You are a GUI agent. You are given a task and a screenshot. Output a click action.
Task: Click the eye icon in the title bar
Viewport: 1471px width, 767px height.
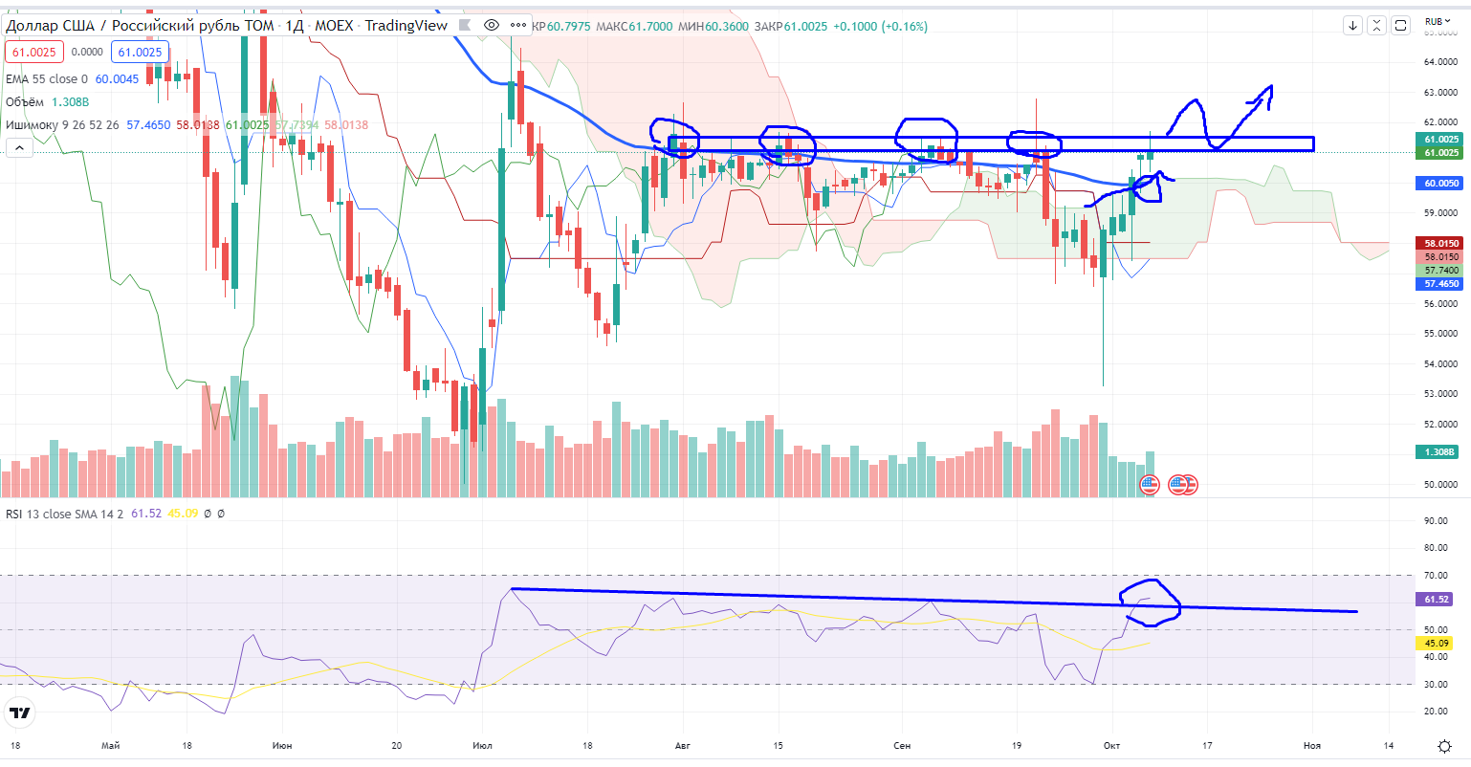tap(492, 25)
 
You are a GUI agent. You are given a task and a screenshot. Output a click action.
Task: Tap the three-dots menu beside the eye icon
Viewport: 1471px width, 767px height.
tap(517, 25)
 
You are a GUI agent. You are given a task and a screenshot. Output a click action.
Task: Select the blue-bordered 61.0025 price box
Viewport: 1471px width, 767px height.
tap(140, 53)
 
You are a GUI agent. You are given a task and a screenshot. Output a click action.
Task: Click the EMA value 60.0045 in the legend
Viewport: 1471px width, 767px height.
tap(117, 79)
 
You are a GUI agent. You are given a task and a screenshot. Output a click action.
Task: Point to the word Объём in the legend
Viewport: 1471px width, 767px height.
tap(25, 101)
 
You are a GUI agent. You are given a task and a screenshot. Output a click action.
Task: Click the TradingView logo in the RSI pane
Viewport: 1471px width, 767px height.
tap(19, 713)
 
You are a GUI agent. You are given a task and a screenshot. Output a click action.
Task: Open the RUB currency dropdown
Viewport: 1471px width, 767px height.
tap(1438, 21)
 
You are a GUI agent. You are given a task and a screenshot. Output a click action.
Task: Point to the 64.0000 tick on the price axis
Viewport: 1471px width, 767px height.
tap(1440, 62)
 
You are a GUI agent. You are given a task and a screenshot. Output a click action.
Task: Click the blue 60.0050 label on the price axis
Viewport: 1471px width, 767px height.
tap(1440, 184)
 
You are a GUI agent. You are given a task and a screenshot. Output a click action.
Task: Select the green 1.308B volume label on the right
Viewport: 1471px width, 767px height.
tap(1440, 451)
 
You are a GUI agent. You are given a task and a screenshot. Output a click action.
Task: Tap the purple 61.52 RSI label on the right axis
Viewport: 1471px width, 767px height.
tap(1437, 600)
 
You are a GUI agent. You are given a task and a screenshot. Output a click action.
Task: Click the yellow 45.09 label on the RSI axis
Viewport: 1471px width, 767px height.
tap(1437, 643)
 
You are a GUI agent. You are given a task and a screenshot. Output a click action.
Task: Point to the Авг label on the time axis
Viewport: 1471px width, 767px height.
tap(682, 745)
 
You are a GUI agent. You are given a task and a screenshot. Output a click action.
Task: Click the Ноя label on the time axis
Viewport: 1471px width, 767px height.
tap(1311, 745)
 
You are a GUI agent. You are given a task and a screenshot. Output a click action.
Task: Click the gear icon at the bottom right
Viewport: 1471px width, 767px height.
tap(1445, 745)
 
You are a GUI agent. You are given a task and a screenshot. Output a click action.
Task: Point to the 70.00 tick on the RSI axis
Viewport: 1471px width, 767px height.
tap(1436, 575)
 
